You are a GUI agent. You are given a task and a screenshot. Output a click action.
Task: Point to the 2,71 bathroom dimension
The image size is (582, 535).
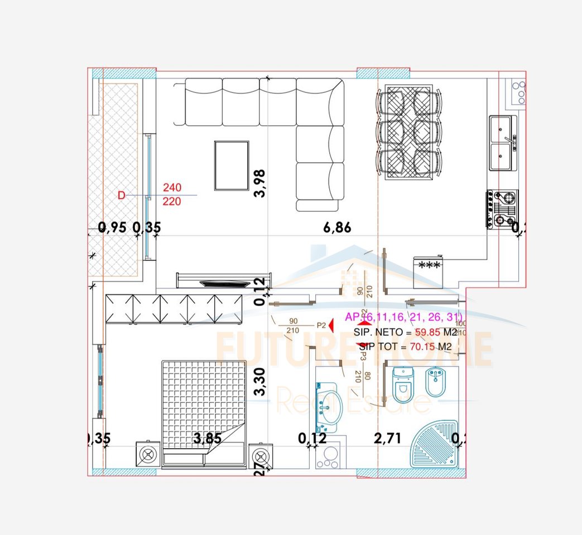coord(387,438)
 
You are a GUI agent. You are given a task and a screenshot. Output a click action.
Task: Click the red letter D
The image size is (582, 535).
coord(122,195)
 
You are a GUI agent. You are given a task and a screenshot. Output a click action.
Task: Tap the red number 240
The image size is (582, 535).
coord(172,188)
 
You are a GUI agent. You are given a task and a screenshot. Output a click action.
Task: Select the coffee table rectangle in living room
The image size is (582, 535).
coord(232,166)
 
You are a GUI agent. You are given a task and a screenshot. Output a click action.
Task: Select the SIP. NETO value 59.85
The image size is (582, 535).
coord(427,333)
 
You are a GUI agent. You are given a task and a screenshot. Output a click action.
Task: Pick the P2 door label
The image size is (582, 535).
coord(321,324)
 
